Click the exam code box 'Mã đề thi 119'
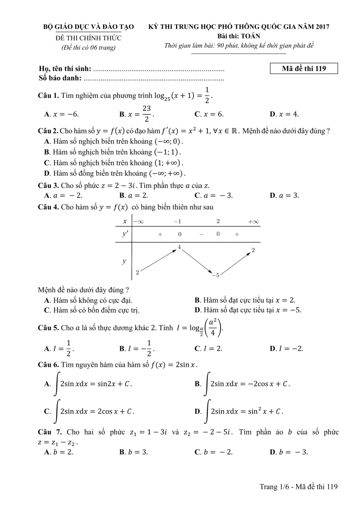[x=304, y=69]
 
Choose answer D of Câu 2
[x=115, y=173]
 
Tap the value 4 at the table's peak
[x=179, y=247]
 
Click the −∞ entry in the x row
[x=138, y=222]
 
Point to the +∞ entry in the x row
[x=253, y=222]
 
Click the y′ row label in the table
[x=125, y=234]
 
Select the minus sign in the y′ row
[x=201, y=234]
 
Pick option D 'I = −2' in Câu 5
[x=287, y=348]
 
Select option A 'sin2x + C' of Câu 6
[x=88, y=384]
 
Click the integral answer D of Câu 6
[x=239, y=411]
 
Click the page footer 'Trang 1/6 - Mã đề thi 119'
[x=299, y=487]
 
